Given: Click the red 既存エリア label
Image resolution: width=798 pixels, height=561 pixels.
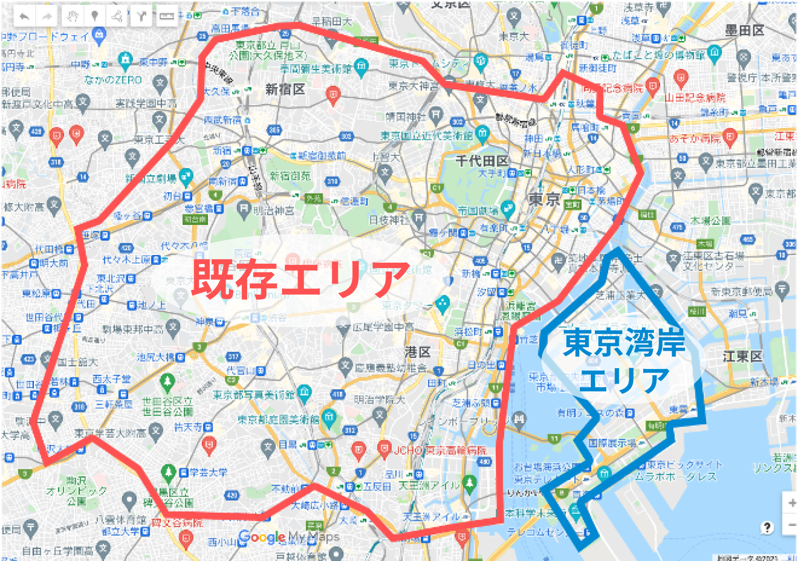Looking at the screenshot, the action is click(x=301, y=279).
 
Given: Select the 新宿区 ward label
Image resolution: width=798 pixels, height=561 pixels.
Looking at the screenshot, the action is click(x=285, y=89).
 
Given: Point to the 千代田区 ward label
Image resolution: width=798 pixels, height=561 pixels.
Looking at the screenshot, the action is click(x=482, y=160).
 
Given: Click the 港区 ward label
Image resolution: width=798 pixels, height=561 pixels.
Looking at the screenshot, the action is click(x=417, y=352).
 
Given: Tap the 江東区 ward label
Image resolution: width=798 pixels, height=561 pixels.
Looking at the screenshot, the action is click(x=742, y=356).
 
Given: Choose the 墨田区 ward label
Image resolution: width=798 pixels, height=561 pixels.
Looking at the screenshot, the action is click(x=744, y=30).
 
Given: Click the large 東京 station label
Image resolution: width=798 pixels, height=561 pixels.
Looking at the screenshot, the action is click(x=544, y=199).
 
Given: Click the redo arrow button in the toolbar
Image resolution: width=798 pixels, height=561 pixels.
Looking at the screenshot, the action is click(x=47, y=17).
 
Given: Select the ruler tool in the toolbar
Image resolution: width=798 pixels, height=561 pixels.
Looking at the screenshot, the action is click(x=166, y=17).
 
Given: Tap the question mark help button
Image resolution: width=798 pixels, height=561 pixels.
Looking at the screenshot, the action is click(x=767, y=528).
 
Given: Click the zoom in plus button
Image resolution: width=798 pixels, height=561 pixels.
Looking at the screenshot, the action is click(x=792, y=503).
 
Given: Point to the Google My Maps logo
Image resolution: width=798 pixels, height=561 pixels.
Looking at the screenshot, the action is click(x=289, y=537).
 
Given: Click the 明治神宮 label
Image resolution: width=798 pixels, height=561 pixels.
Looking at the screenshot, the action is click(x=273, y=210).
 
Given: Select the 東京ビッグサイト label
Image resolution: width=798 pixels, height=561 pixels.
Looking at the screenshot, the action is click(x=685, y=465).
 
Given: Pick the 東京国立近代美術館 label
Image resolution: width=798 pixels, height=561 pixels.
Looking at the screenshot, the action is click(x=426, y=136).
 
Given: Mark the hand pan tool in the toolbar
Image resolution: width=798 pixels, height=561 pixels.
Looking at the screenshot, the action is click(x=72, y=17).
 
